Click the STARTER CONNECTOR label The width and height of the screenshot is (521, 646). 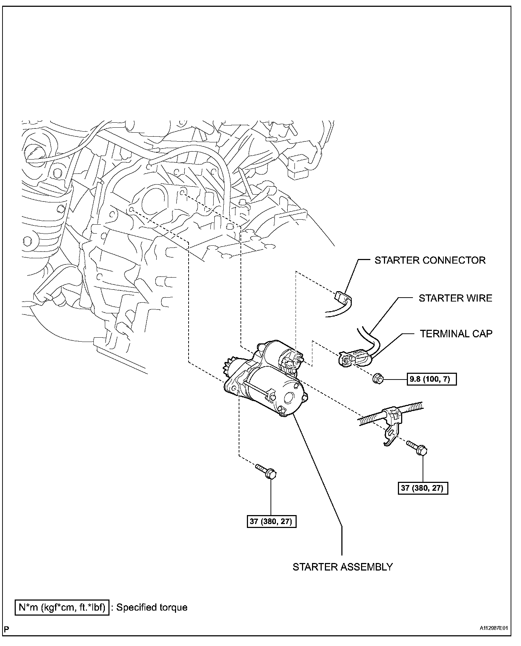pyautogui.click(x=430, y=260)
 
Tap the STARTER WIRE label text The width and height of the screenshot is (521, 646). pyautogui.click(x=455, y=298)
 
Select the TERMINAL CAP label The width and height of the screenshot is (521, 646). pyautogui.click(x=456, y=334)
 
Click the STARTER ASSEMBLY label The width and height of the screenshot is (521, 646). pyautogui.click(x=342, y=567)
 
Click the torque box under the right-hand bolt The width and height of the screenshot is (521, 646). pyautogui.click(x=423, y=488)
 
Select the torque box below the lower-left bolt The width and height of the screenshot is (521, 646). pyautogui.click(x=272, y=522)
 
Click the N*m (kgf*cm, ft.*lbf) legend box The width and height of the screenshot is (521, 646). pyautogui.click(x=62, y=607)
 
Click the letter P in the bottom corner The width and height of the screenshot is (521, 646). pyautogui.click(x=6, y=628)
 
